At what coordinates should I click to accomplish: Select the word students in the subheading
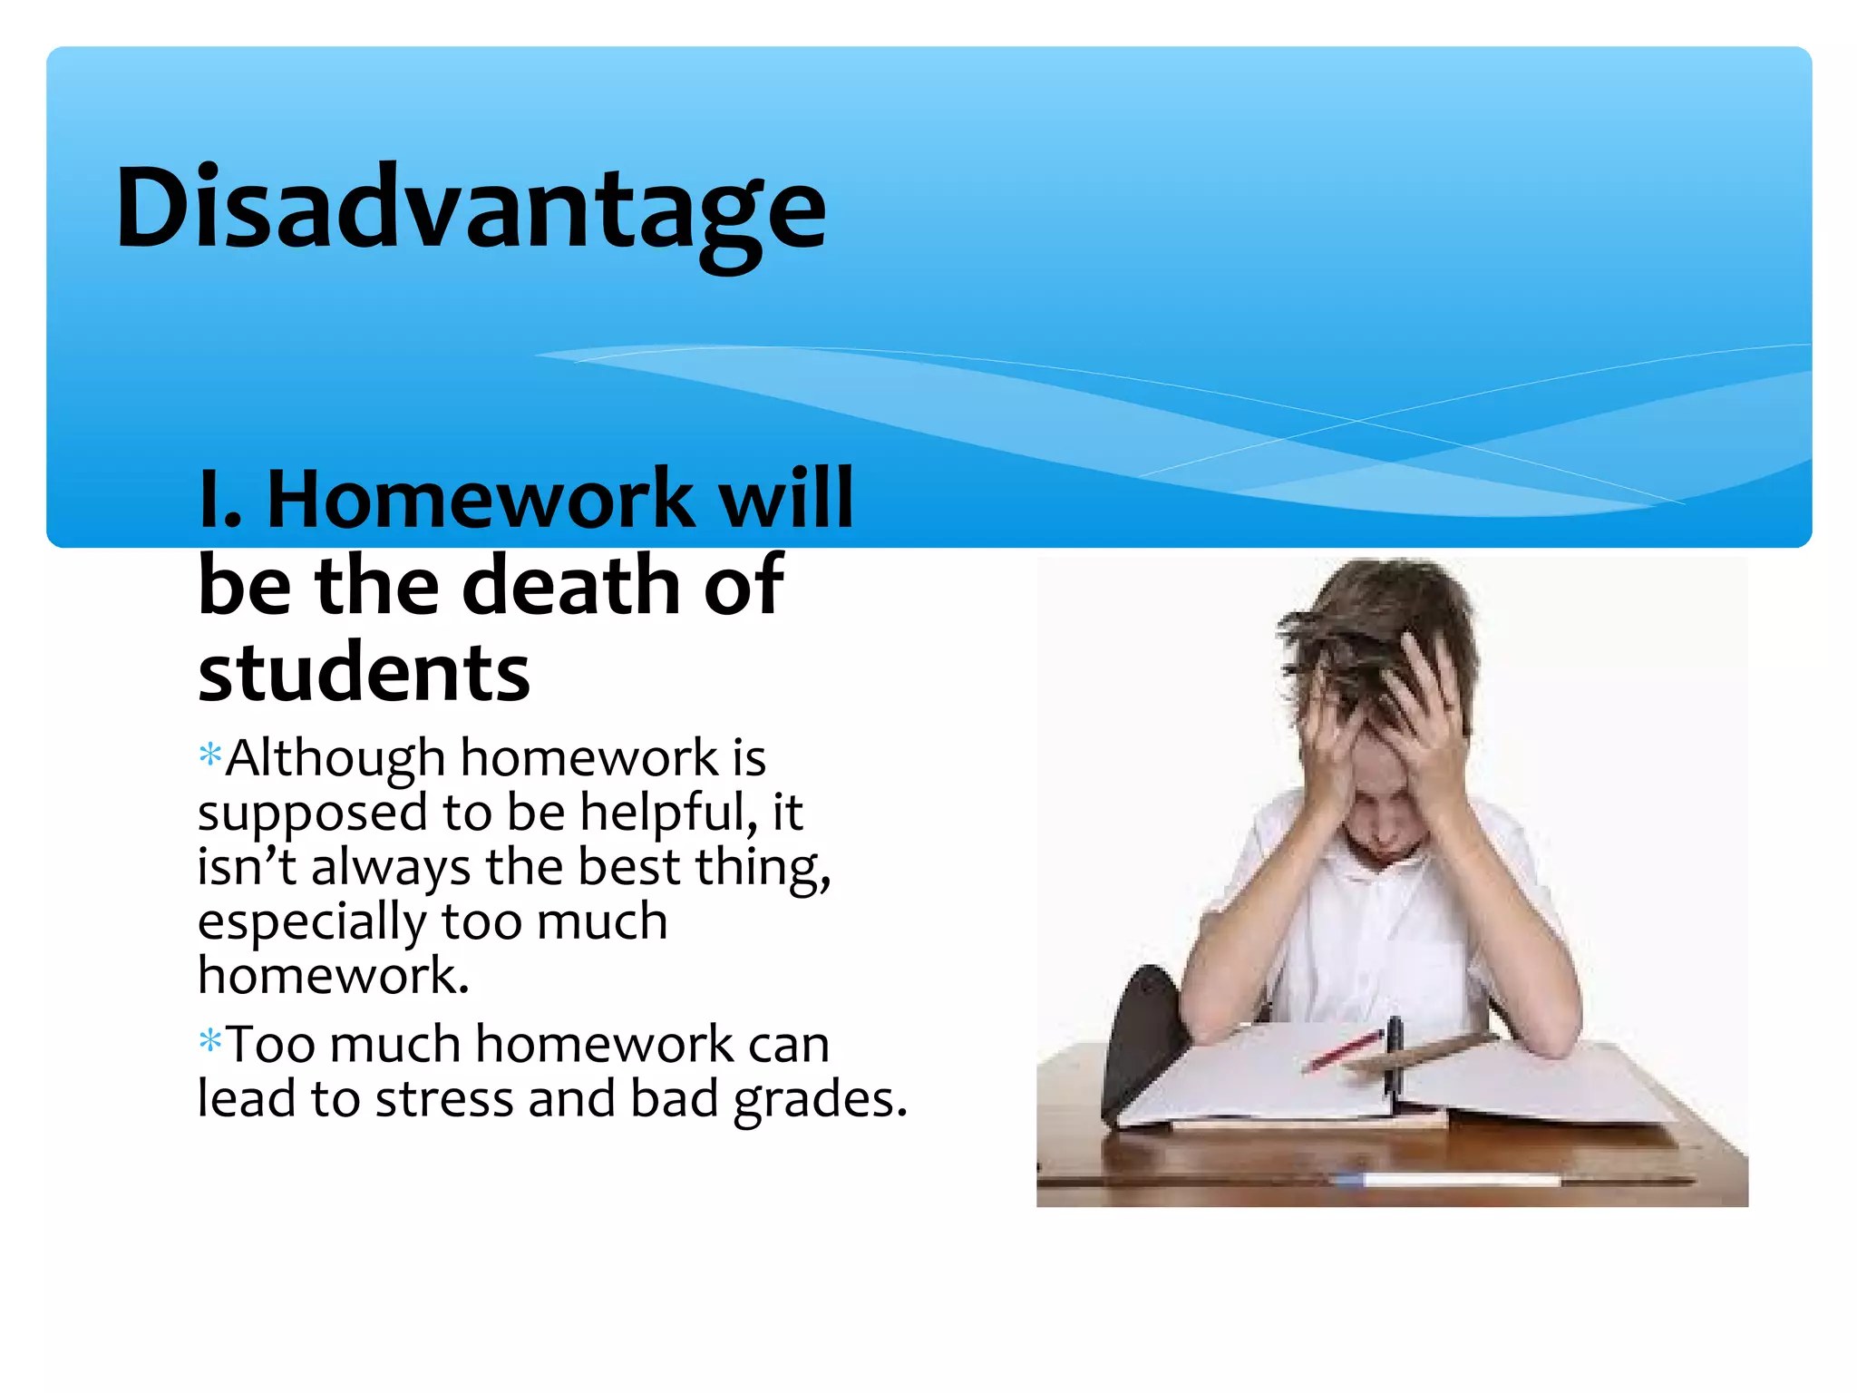tap(364, 672)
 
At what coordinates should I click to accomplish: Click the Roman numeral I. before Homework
tap(219, 498)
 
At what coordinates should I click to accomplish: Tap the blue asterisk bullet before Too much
tap(210, 1040)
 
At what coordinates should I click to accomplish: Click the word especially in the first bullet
tap(311, 922)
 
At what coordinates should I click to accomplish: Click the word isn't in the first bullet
tap(247, 866)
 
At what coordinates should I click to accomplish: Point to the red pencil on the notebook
tap(1343, 1051)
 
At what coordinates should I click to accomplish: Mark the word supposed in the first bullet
tap(311, 813)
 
